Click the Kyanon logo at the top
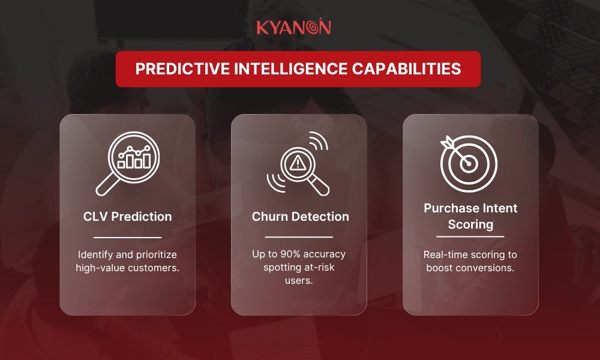(x=293, y=27)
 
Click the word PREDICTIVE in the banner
(x=182, y=69)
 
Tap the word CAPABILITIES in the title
(x=407, y=69)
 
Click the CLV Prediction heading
(x=127, y=217)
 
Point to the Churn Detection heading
(x=301, y=217)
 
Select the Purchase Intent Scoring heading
(x=470, y=216)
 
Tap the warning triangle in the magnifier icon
(x=298, y=164)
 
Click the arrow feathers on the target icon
(x=448, y=143)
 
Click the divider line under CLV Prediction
(x=127, y=238)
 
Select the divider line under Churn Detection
(x=299, y=237)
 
